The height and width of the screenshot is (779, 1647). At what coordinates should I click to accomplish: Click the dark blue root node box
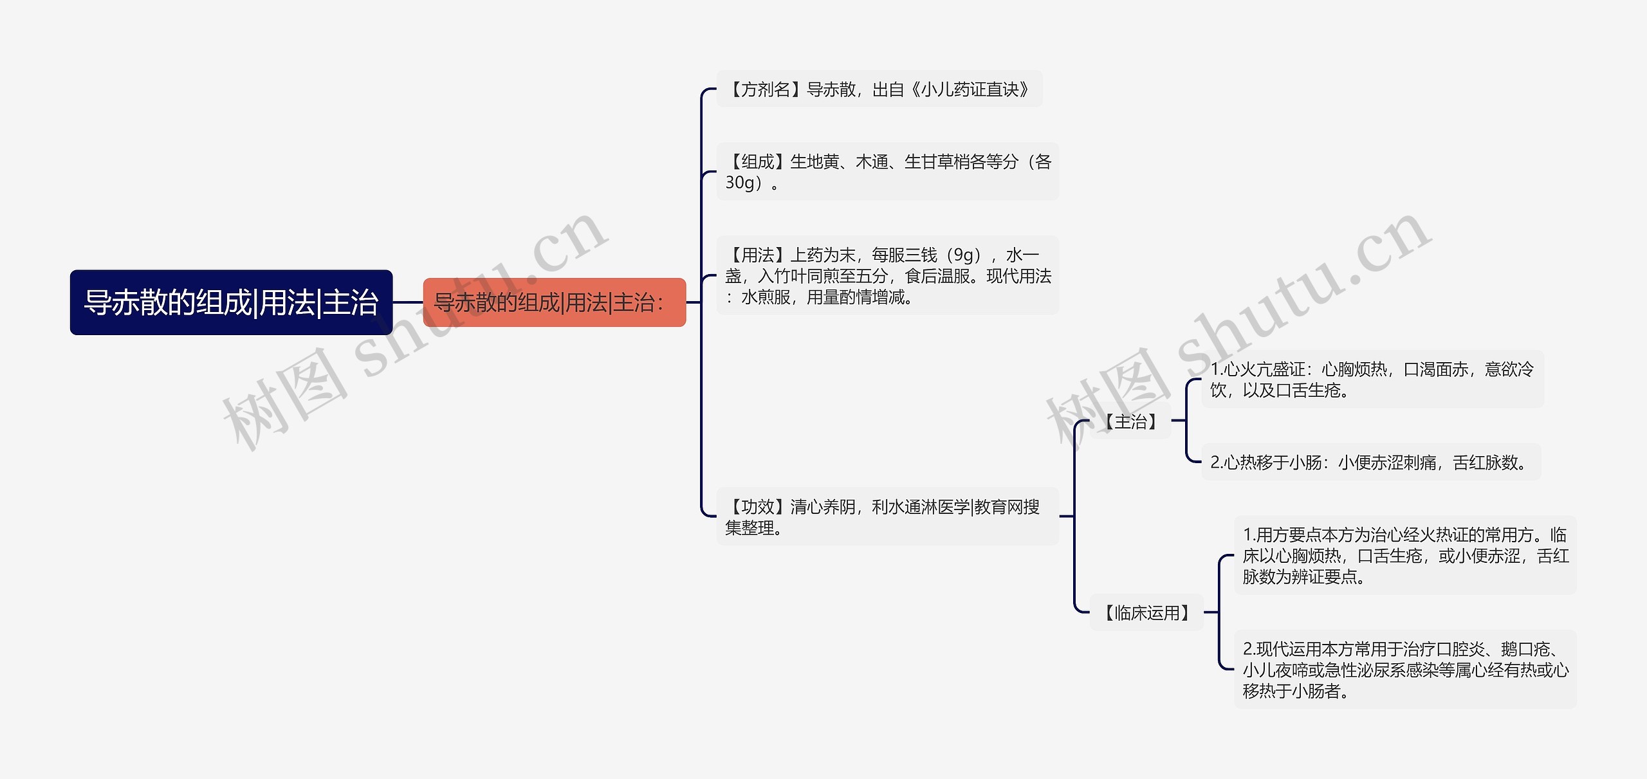click(x=231, y=302)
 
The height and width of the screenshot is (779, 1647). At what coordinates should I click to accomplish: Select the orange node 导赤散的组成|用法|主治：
click(x=554, y=302)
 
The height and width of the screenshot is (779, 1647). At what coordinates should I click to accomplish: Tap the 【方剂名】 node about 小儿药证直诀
click(x=879, y=89)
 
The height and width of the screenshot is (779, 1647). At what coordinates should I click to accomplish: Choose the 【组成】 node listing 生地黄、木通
click(x=887, y=172)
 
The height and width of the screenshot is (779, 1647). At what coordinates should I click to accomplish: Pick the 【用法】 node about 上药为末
click(x=887, y=276)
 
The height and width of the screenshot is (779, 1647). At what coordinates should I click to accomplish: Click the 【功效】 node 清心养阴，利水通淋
click(x=887, y=517)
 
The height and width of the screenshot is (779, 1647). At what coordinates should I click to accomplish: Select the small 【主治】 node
click(x=1130, y=422)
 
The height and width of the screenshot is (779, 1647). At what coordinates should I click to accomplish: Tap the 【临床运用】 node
click(x=1146, y=613)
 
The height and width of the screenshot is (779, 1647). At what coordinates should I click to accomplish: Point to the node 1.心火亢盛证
click(x=1372, y=380)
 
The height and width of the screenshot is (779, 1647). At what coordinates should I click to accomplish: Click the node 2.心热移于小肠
click(x=1370, y=463)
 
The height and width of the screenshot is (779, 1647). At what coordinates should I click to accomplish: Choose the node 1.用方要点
click(x=1405, y=555)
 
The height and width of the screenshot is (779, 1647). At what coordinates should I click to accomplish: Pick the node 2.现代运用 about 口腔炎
click(x=1405, y=670)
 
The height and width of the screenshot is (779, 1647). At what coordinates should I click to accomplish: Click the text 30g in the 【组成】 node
click(x=739, y=183)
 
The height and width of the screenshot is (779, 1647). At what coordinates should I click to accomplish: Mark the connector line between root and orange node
click(x=408, y=302)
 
